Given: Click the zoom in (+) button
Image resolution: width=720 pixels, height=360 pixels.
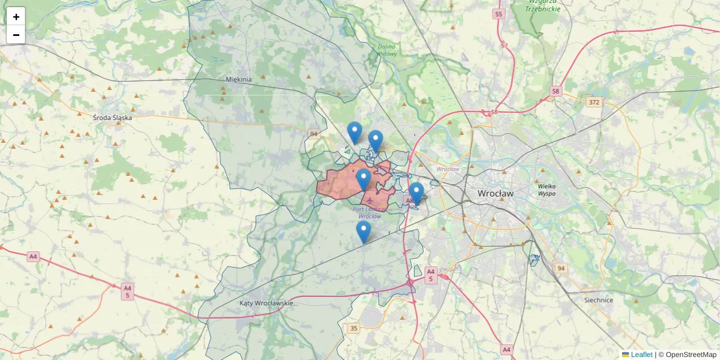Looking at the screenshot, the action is (x=16, y=17).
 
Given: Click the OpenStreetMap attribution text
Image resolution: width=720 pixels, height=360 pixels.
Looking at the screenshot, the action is (x=691, y=355).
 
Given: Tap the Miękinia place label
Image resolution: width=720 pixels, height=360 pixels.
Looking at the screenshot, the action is (x=239, y=79).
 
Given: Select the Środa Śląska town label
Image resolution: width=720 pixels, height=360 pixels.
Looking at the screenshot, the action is (x=112, y=118).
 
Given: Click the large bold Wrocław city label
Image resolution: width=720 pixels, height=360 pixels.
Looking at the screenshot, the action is (x=496, y=194).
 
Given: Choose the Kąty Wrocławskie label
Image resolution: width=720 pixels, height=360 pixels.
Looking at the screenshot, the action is (x=266, y=303).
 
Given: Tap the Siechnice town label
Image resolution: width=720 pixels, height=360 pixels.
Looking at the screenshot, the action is (x=598, y=300).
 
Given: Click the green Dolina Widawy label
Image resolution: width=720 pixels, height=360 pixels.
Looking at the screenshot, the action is (x=387, y=50).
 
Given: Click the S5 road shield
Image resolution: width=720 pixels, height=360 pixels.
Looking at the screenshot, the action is (x=498, y=13).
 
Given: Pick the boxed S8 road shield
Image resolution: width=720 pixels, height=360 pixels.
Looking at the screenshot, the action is (x=556, y=91).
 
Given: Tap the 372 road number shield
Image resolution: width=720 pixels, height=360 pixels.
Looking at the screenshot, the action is (x=594, y=102).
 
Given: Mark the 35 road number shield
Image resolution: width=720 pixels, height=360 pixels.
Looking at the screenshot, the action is (x=353, y=328).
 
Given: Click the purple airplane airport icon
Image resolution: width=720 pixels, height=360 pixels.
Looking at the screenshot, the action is (x=368, y=200).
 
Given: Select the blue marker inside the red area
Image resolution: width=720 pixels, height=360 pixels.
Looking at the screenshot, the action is (x=364, y=179).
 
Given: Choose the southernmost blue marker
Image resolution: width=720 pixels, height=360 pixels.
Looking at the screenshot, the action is (x=363, y=232).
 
